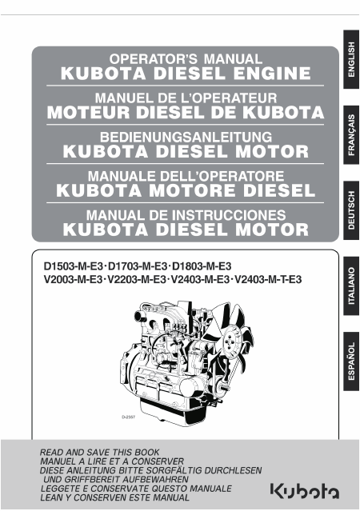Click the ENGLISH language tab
pos(351,59)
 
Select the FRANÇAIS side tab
pos(351,135)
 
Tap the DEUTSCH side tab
pos(351,210)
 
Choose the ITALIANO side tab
pos(351,285)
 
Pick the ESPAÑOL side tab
pos(351,361)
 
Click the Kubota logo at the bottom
pos(305,491)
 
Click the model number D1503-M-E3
pos(74,266)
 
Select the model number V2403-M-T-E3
pos(268,279)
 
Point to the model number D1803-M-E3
pos(202,266)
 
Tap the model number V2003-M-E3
pos(73,279)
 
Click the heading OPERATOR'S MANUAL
pos(186,59)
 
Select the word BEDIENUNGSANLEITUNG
pos(186,137)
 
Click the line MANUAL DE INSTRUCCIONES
pos(186,215)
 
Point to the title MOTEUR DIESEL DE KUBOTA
pos(186,113)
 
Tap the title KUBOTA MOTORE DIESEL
pos(186,190)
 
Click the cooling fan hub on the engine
pos(232,339)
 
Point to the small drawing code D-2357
pos(129,417)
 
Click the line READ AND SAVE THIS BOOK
pos(99,453)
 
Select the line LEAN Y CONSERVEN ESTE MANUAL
pos(114,497)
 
